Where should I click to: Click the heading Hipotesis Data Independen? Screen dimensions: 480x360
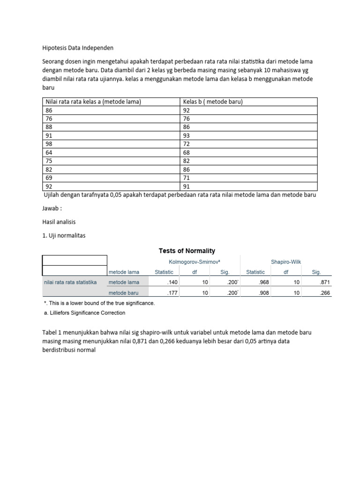(78, 48)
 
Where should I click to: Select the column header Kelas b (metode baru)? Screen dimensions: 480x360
(213, 102)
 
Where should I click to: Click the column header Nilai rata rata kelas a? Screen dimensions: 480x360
(93, 102)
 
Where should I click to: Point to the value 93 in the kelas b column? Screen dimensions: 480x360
(187, 136)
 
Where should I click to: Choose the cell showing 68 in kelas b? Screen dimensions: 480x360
(187, 153)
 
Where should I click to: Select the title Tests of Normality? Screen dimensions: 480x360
(187, 251)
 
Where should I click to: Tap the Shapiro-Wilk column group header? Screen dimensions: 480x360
(285, 262)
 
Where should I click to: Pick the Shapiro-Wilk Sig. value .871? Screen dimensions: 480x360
(324, 282)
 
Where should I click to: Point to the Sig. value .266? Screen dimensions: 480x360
(324, 292)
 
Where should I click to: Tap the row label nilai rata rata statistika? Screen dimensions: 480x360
(70, 282)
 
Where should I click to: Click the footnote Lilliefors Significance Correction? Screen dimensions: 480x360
(84, 313)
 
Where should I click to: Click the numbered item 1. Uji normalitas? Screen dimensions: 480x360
(64, 235)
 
